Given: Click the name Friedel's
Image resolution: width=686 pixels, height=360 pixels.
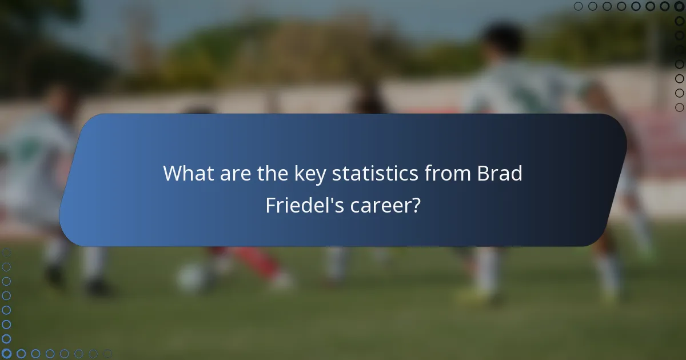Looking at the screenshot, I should point(305,205).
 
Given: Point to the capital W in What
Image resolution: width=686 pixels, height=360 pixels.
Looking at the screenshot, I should point(173,173).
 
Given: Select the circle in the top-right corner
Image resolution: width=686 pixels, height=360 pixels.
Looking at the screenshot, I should point(679,6).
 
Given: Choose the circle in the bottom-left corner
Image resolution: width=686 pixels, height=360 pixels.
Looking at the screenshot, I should point(6,354).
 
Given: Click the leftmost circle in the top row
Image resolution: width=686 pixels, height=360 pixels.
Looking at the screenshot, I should point(578,6).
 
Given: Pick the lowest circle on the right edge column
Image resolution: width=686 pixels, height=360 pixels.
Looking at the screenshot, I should point(679,107).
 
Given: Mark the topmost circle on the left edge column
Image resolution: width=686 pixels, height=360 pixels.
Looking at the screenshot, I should point(6,252).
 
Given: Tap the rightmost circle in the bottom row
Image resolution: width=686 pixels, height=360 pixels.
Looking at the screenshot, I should point(107,354).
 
